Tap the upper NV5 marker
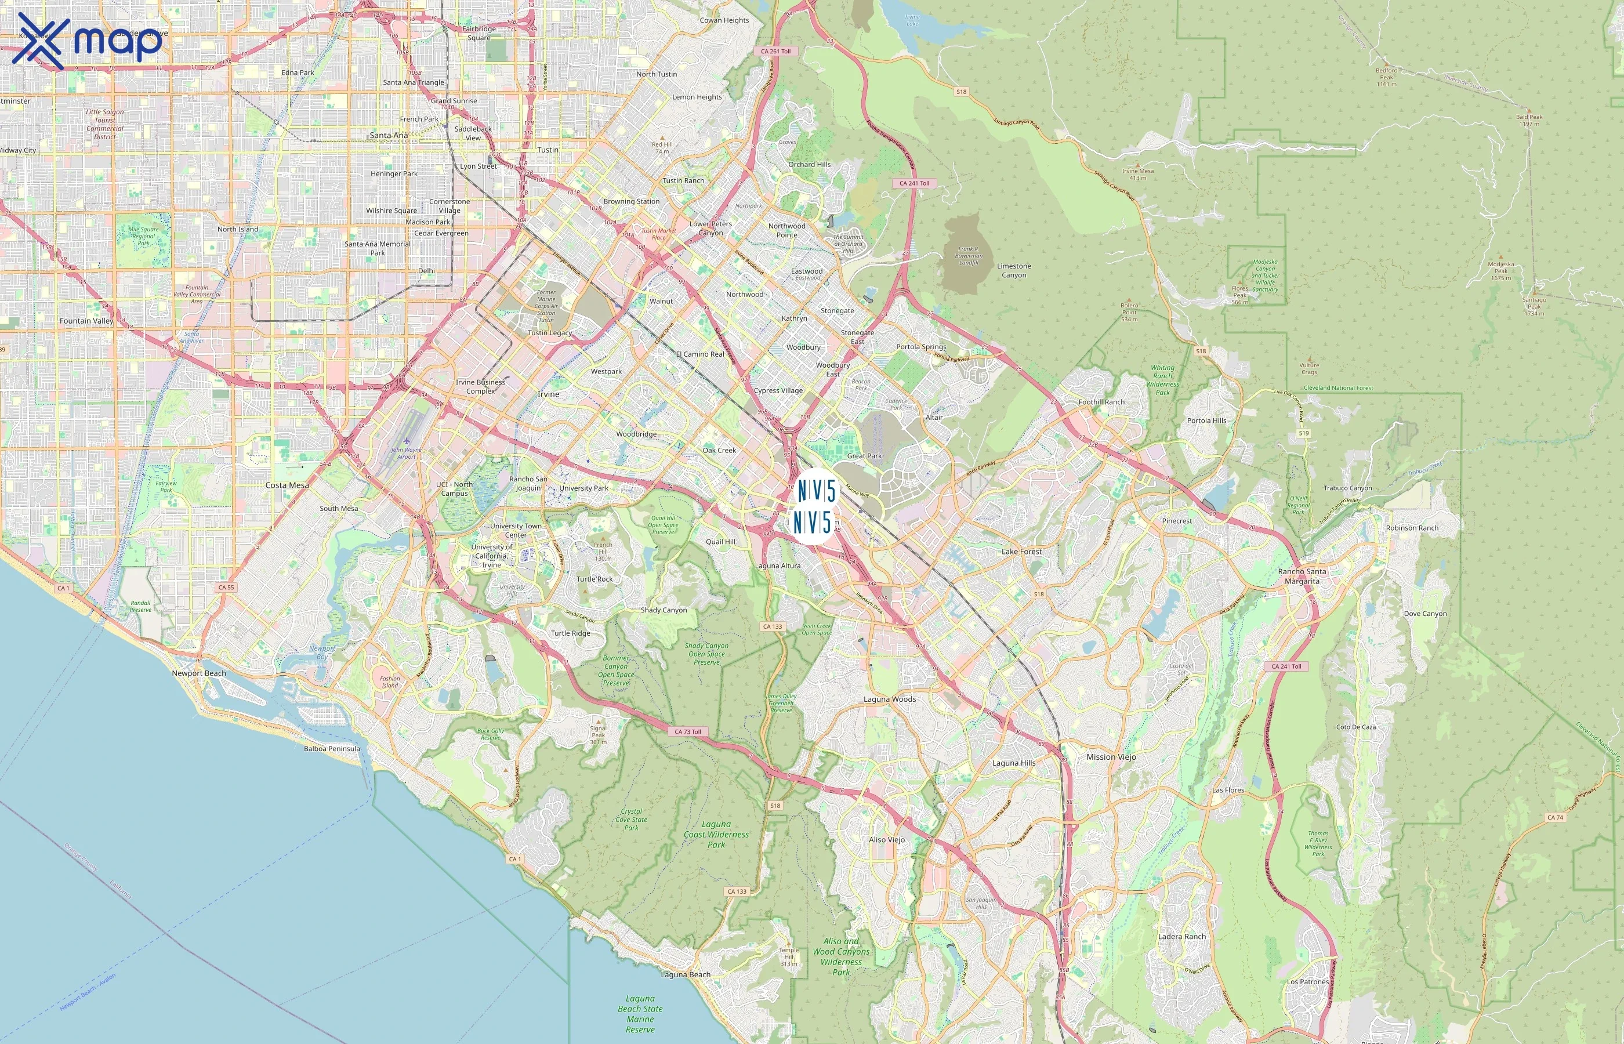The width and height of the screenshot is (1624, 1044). coord(816,490)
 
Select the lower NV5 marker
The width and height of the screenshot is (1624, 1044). coord(812,523)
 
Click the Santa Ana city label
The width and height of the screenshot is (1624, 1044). coord(389,136)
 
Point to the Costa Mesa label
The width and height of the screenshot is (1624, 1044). coord(287,485)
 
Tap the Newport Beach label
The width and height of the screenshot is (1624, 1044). coord(198,673)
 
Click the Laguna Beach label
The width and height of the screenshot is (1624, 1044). coord(685,975)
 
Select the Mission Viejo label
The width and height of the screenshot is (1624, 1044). coord(1111,757)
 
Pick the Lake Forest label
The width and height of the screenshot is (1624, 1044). coord(1021,552)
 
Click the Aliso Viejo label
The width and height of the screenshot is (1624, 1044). coord(887,840)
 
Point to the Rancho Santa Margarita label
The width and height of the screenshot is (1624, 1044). coord(1302,577)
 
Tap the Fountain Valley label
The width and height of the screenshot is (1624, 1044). coord(86,321)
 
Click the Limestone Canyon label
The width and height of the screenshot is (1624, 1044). coord(1013,270)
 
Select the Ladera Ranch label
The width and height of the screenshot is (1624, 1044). coord(1181,937)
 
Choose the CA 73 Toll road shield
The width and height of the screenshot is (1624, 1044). coord(688,732)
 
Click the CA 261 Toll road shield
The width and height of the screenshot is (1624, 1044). coord(775,52)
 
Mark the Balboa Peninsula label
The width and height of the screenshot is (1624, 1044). coord(331,749)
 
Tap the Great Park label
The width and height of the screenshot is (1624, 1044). coord(864,456)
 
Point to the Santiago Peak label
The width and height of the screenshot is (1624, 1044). coord(1534,306)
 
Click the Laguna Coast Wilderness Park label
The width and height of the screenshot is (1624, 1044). coord(716,835)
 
